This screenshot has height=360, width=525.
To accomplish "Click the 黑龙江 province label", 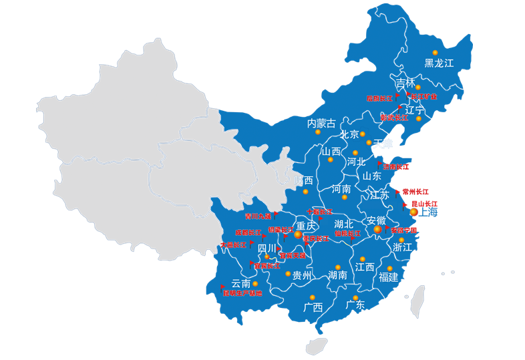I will click(x=439, y=63).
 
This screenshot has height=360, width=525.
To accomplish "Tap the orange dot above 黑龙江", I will click(x=435, y=52).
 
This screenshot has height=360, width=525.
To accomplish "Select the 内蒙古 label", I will click(x=321, y=123).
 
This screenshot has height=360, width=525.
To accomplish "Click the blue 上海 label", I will click(x=428, y=212).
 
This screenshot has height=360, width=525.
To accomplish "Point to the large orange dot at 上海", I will click(x=413, y=212).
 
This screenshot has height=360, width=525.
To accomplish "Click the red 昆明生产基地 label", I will click(x=242, y=293).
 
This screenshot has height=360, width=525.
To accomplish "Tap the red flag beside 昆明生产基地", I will click(x=223, y=288).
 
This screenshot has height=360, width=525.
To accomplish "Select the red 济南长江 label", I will click(x=396, y=166).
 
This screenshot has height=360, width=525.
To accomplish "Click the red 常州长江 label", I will click(x=415, y=192).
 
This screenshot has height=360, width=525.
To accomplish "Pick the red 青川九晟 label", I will click(x=258, y=216).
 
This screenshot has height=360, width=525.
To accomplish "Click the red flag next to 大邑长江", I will click(x=250, y=244).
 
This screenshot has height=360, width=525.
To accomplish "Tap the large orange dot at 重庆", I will click(x=298, y=234).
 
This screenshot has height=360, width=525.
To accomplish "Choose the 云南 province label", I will click(x=240, y=283).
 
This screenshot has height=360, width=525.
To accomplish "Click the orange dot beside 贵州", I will click(x=288, y=273).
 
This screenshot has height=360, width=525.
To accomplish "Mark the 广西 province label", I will click(x=313, y=308).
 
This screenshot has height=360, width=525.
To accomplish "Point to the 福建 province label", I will click(x=389, y=277).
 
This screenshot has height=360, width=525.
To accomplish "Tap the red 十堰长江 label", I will click(x=319, y=212).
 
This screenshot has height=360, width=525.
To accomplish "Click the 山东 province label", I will click(x=372, y=176).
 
